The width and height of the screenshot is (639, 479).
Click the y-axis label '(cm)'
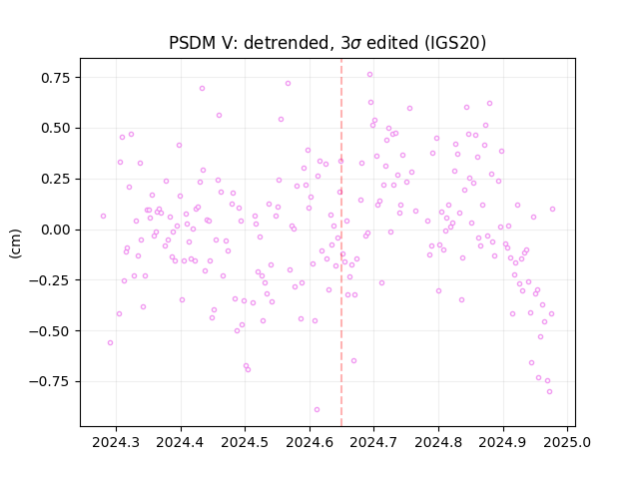coord(16,243)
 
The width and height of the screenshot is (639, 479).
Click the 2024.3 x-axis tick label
coord(116,442)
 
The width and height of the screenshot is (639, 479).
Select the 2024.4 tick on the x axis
coord(181,442)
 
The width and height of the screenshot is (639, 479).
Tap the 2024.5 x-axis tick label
coord(245,442)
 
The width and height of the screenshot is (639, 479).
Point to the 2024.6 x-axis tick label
coord(310,442)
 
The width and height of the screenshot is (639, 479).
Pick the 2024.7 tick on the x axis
coord(373,442)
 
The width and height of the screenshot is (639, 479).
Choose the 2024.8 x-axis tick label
coord(438,442)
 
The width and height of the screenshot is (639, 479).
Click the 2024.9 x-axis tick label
coord(503,442)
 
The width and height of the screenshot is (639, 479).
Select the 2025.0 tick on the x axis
coord(567,442)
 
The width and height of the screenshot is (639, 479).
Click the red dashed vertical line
coord(341,242)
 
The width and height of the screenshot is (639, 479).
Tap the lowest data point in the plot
coord(317,410)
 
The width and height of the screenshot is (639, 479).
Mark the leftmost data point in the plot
coord(103,216)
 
